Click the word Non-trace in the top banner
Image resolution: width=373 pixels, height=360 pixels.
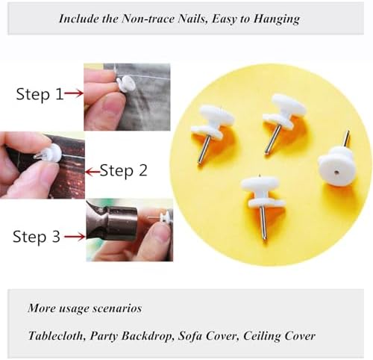[x=148, y=18]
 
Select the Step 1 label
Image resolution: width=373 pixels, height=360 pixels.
[x=40, y=94]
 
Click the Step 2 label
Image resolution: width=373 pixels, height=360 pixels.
[x=123, y=171]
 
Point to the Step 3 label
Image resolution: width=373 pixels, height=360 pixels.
[x=37, y=237]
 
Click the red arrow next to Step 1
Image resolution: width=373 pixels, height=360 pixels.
[x=73, y=93]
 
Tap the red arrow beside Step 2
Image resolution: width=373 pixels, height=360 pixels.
[x=93, y=172]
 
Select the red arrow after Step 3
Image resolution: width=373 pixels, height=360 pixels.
[x=75, y=237]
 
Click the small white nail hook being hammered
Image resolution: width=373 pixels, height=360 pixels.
[x=164, y=217]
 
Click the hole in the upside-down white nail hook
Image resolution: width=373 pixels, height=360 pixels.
[x=336, y=171]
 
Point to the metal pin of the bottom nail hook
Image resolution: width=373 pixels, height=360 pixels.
[x=263, y=223]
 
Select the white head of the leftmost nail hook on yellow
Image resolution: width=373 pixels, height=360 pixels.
[x=213, y=122]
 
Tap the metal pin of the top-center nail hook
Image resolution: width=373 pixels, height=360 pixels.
[x=273, y=139]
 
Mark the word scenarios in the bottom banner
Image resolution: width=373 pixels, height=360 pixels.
[x=117, y=308]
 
